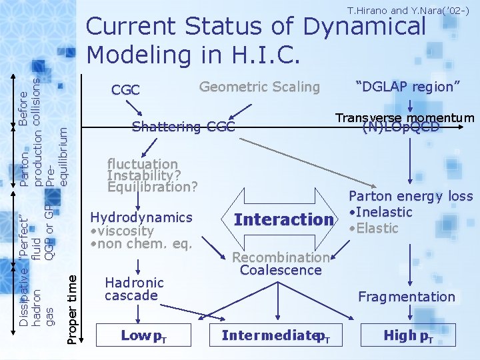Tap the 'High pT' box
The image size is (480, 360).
coord(407,335)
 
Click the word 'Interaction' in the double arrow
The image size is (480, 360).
coord(283,219)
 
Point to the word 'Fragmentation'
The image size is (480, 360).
coord(406,297)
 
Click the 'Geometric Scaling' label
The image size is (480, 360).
coord(259,87)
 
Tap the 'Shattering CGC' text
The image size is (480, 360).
coord(183,127)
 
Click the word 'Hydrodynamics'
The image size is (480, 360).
coord(141,217)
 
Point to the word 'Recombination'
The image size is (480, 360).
coord(281,257)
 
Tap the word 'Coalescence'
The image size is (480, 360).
coord(281,270)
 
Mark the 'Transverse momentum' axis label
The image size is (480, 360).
coord(405,118)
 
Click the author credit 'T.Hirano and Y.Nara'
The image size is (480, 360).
coord(409,10)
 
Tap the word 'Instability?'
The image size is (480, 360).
coord(143,175)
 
